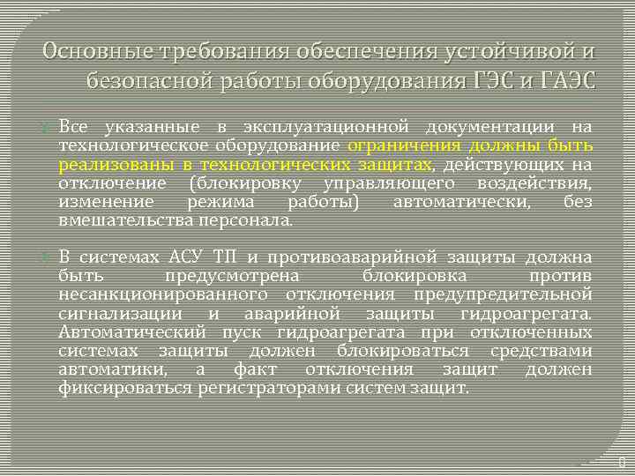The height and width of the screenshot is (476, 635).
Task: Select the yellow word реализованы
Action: [114, 164]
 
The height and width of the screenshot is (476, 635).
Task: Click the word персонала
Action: [250, 219]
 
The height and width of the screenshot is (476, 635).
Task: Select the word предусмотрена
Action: [224, 276]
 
